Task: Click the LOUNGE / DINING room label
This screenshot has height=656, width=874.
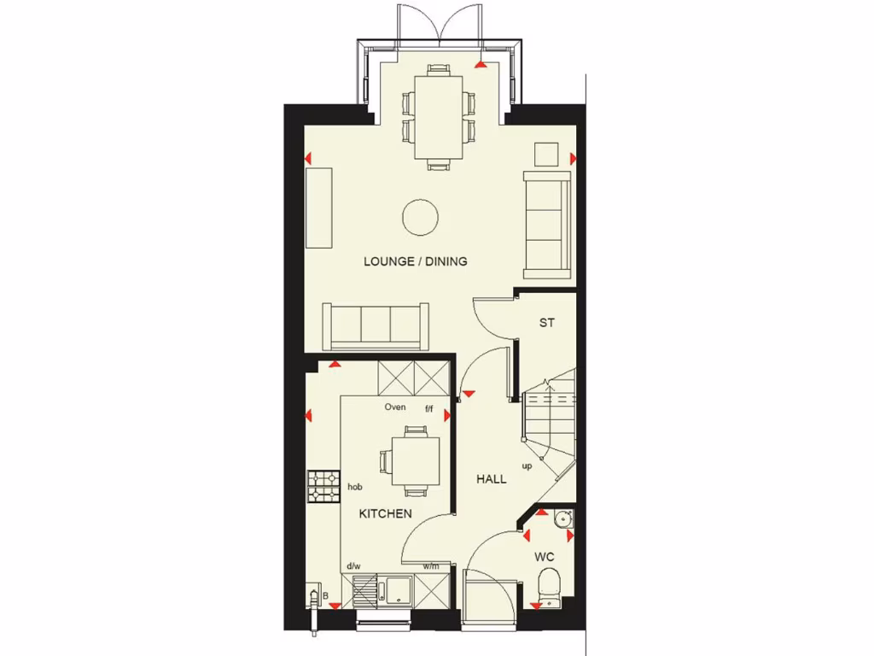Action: click(x=416, y=261)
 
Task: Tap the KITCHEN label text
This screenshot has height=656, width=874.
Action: click(x=385, y=513)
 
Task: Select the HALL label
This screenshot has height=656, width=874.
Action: click(x=491, y=479)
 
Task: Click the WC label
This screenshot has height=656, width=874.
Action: click(x=545, y=557)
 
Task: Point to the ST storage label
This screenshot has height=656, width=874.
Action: click(x=546, y=324)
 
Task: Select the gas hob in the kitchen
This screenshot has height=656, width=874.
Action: click(x=324, y=487)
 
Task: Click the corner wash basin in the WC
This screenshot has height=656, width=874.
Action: click(x=562, y=518)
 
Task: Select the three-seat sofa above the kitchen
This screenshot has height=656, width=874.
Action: click(x=376, y=325)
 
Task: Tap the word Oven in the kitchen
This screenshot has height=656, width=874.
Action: click(x=395, y=407)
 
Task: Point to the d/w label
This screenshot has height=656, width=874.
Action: click(x=353, y=566)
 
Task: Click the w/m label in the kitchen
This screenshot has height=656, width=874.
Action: click(x=431, y=566)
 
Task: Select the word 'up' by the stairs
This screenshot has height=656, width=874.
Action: click(x=527, y=466)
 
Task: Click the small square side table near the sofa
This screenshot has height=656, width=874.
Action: click(x=545, y=154)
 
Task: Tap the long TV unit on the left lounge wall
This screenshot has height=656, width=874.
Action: click(x=319, y=208)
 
